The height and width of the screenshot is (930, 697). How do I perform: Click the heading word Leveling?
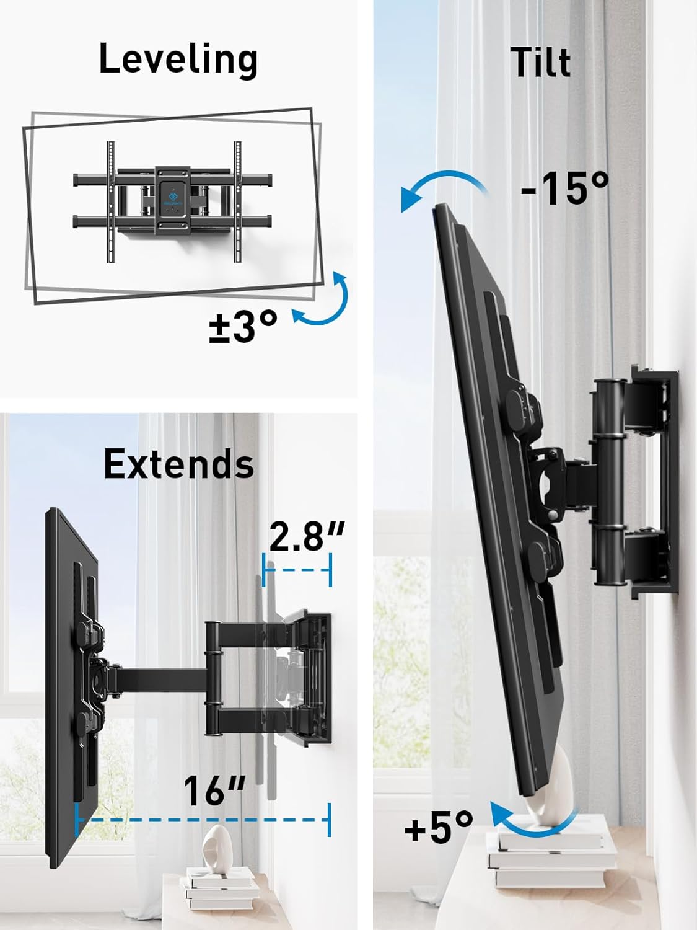(178, 60)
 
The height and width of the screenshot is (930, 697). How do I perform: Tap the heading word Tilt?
(540, 63)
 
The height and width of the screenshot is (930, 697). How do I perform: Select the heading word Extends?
(178, 464)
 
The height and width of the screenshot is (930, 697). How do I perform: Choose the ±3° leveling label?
(242, 326)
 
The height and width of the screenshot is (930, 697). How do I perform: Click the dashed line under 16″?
(203, 820)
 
